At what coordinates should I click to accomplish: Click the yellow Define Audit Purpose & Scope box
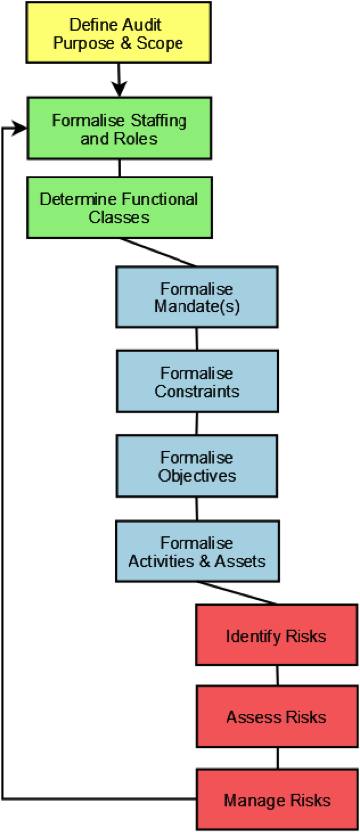tap(119, 33)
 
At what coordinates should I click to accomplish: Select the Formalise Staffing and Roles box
tap(119, 128)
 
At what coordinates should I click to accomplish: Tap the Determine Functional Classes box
tap(119, 207)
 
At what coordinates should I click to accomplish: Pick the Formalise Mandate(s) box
tap(197, 297)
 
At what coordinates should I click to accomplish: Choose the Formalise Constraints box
tap(197, 381)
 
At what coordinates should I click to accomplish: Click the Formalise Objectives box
tap(197, 465)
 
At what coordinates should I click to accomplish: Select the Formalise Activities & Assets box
tap(197, 550)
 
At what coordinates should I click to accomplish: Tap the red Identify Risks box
tap(277, 635)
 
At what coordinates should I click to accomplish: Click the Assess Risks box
tap(277, 716)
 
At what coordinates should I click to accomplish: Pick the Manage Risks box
tap(277, 799)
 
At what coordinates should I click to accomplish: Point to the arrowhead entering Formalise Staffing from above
tap(119, 89)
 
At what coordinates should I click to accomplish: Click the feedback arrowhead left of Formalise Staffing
tap(19, 128)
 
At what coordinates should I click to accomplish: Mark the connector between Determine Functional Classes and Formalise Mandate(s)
tap(159, 252)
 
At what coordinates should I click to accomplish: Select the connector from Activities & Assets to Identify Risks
tap(237, 593)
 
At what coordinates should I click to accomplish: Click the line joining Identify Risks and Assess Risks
tap(277, 675)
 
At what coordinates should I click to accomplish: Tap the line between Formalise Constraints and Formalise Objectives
tap(197, 423)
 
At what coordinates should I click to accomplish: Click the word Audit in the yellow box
tap(143, 24)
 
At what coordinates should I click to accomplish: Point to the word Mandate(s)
tap(197, 306)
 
